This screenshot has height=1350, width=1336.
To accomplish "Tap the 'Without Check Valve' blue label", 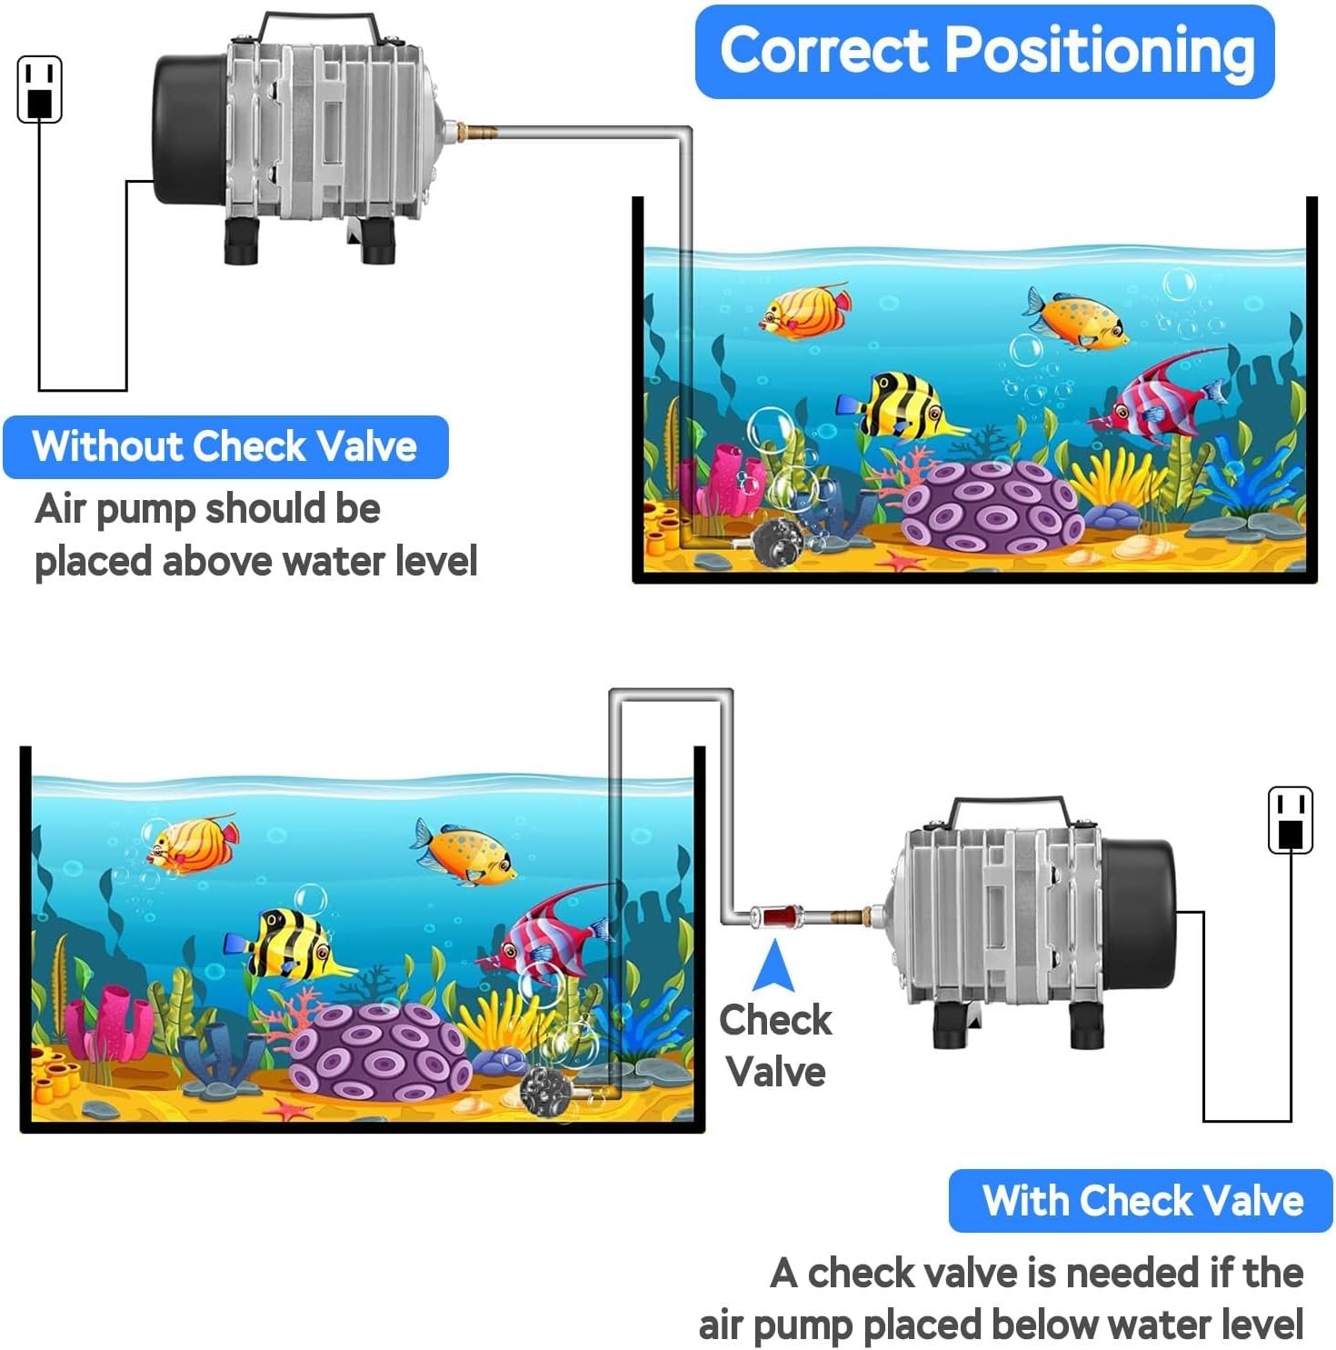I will click(x=224, y=446).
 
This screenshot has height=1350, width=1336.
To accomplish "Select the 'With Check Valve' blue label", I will click(x=1142, y=1200).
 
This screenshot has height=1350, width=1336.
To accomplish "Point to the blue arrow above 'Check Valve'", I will click(x=774, y=966).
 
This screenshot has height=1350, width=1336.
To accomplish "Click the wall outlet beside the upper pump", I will click(x=40, y=89).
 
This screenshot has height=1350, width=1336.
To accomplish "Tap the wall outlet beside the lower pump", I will click(x=1290, y=820).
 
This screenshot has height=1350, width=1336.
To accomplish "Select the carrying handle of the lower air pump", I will click(x=1010, y=808).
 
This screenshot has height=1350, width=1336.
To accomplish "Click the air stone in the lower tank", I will click(x=545, y=1090).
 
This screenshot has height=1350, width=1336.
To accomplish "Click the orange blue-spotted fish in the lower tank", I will click(x=465, y=853).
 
